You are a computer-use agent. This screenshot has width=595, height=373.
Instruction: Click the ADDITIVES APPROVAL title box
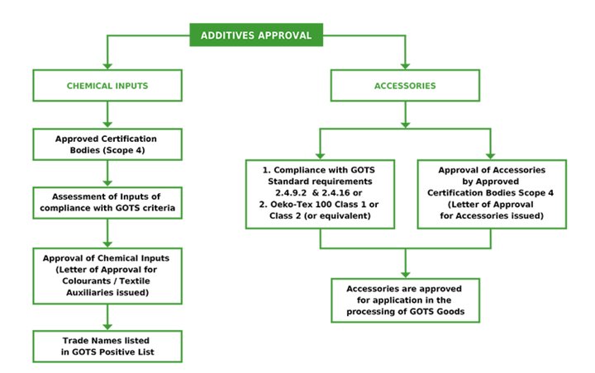click(x=256, y=35)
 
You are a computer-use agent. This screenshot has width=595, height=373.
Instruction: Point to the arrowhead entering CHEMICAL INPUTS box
click(x=107, y=66)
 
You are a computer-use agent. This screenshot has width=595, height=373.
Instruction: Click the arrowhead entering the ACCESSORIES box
click(x=405, y=66)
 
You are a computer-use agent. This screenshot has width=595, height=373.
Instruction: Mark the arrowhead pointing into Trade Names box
click(x=107, y=328)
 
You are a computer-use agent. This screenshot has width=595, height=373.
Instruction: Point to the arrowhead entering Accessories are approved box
click(x=405, y=275)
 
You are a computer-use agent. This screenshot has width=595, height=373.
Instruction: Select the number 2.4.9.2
click(x=291, y=193)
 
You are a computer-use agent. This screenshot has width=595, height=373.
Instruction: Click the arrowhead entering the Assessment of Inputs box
click(x=107, y=184)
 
